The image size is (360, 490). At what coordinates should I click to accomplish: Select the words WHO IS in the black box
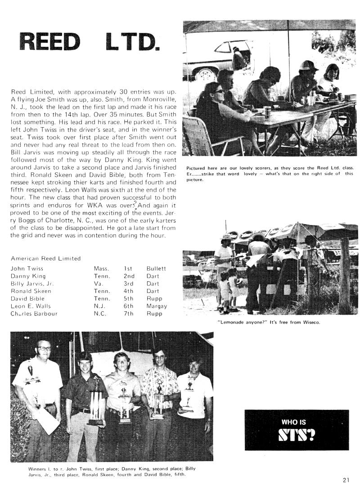(293, 423)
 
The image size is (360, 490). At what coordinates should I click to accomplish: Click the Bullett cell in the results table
(156, 268)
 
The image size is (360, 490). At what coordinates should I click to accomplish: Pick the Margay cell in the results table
(157, 306)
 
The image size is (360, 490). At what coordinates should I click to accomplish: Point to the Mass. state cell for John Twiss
(101, 268)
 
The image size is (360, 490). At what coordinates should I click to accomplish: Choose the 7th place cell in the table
(129, 314)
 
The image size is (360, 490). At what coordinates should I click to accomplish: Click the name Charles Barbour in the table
(34, 314)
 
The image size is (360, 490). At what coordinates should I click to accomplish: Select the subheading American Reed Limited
(45, 258)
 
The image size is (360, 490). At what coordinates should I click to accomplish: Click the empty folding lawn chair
(198, 135)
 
